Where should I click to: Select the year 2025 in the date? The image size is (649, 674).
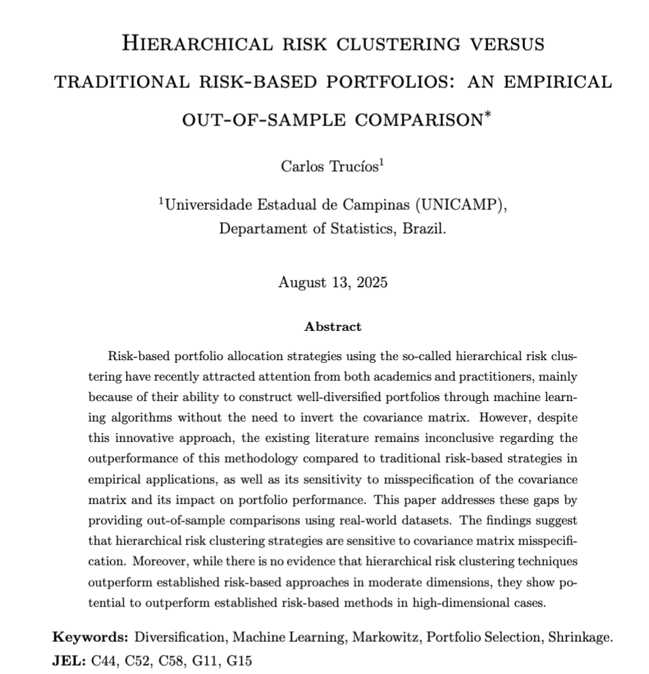[x=370, y=282]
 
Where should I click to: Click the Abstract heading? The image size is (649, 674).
[x=333, y=327]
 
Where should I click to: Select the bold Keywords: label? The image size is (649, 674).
[x=91, y=637]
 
